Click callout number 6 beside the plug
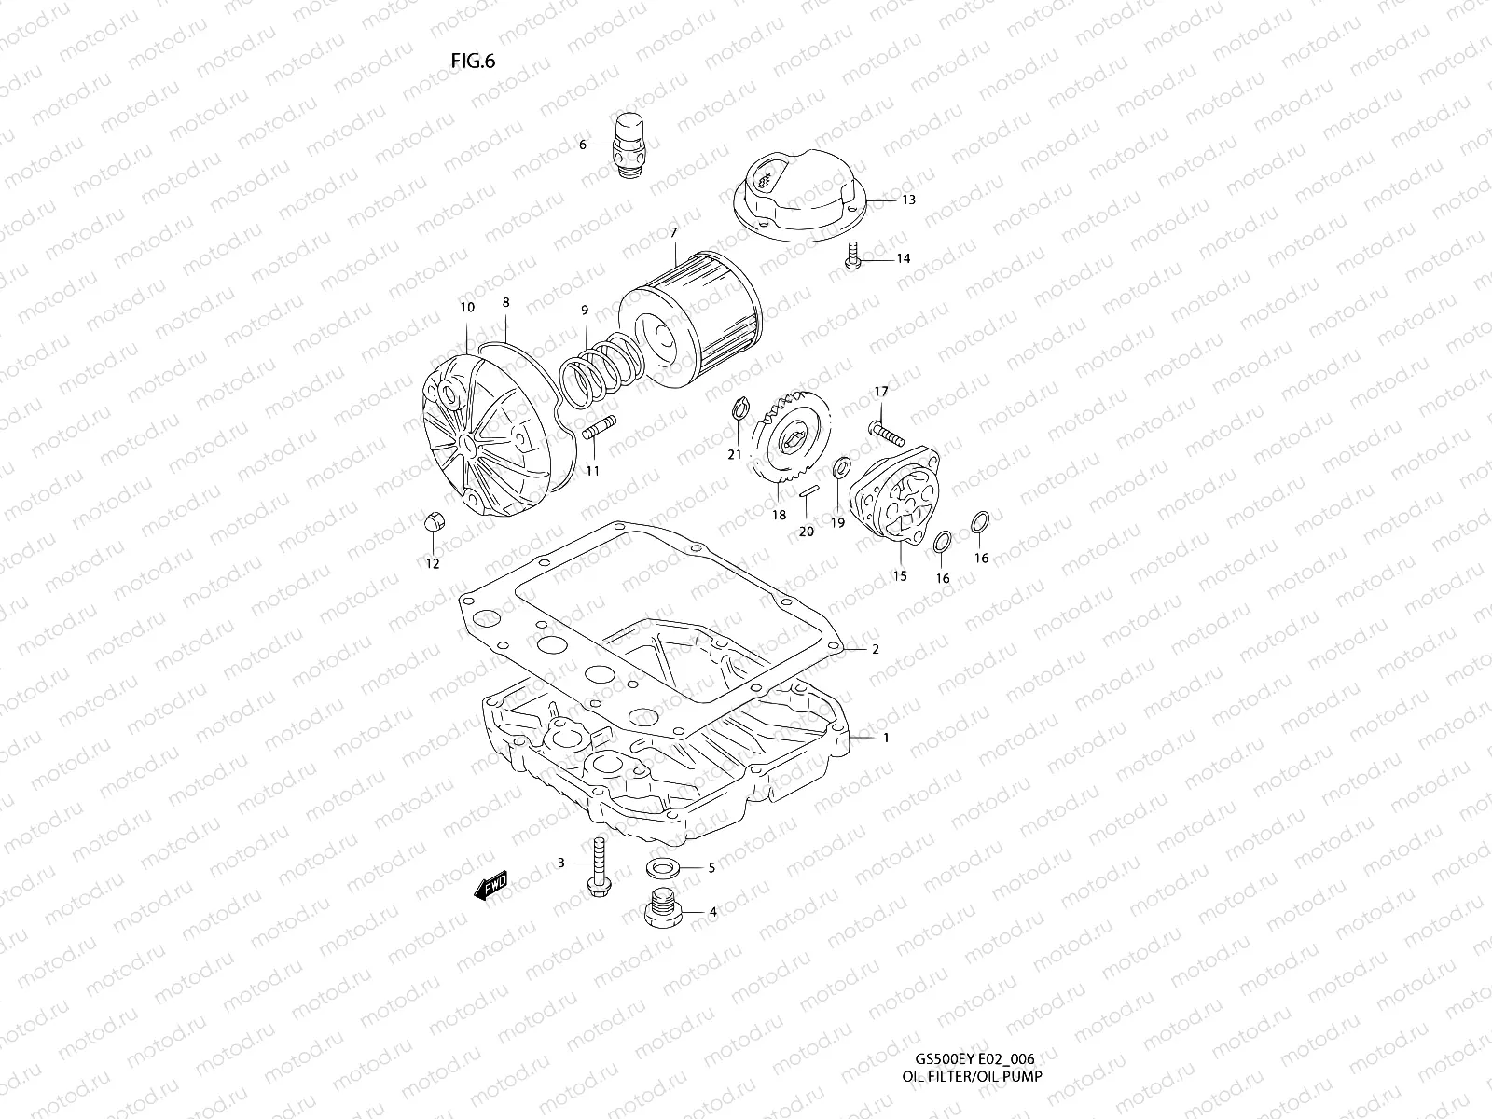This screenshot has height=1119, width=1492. pos(583,145)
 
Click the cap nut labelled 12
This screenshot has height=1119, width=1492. pos(434,523)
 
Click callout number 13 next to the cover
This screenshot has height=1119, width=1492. pos(908,200)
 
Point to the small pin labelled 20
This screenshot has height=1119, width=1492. pos(808,490)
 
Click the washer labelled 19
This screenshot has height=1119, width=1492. pos(839,466)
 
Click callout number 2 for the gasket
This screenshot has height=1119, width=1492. pos(875,649)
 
